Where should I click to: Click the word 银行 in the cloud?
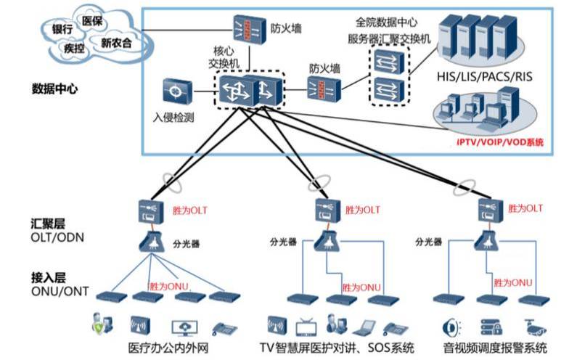point(62,29)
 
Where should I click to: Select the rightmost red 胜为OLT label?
point(524,208)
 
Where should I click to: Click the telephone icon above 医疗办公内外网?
point(219,326)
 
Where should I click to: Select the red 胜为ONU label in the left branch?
point(169,286)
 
